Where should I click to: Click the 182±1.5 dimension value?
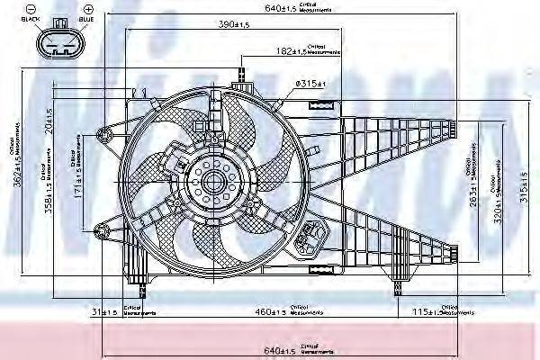(290, 52)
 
